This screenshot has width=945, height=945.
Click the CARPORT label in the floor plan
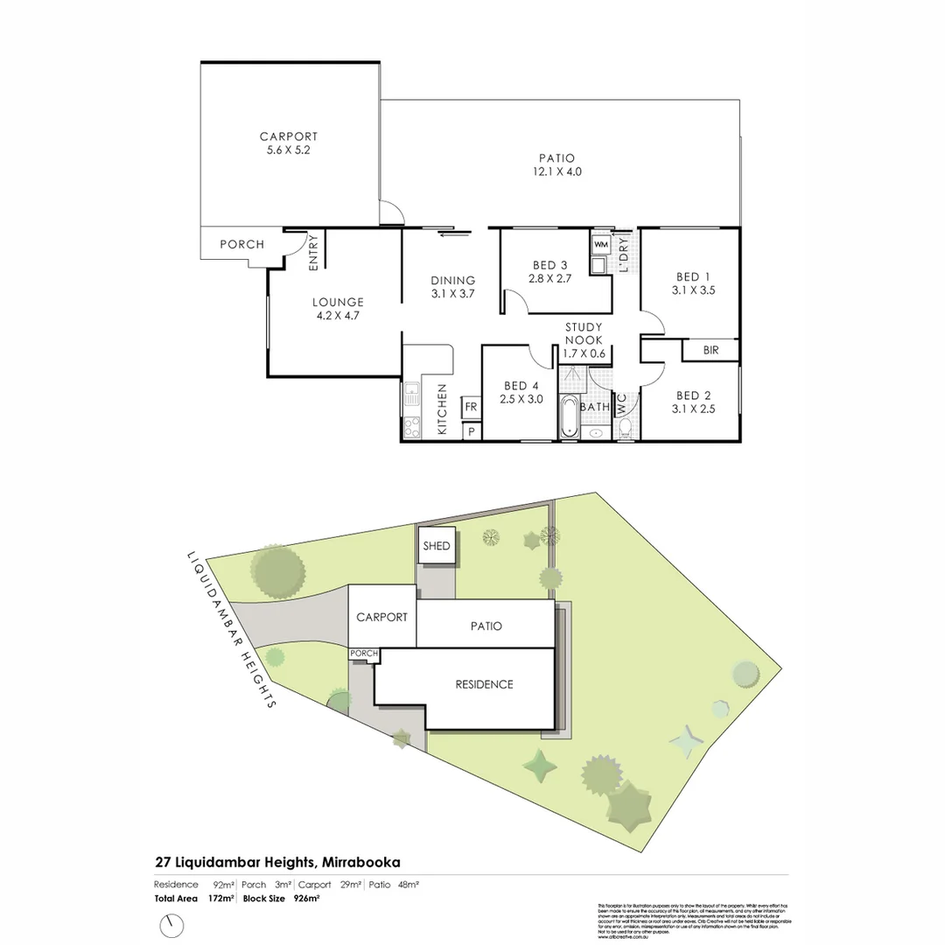coord(289,136)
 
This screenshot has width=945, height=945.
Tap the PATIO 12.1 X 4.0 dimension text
coord(560,172)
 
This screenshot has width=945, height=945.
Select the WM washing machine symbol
coord(601,244)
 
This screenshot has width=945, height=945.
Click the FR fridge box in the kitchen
coord(470,407)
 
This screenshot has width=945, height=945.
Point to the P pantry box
coord(471,431)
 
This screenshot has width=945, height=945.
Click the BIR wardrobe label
coord(711,350)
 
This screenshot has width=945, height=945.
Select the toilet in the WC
coord(625,429)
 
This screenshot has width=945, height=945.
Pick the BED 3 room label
coord(549,265)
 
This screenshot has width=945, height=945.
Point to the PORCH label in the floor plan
coord(241,244)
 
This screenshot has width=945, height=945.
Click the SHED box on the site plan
coord(436,546)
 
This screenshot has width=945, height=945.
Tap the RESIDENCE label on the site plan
coord(484,684)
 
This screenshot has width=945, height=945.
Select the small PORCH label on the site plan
coord(364,654)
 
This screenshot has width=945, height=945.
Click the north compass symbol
coord(173,924)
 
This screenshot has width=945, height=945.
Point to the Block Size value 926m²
coord(306,899)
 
